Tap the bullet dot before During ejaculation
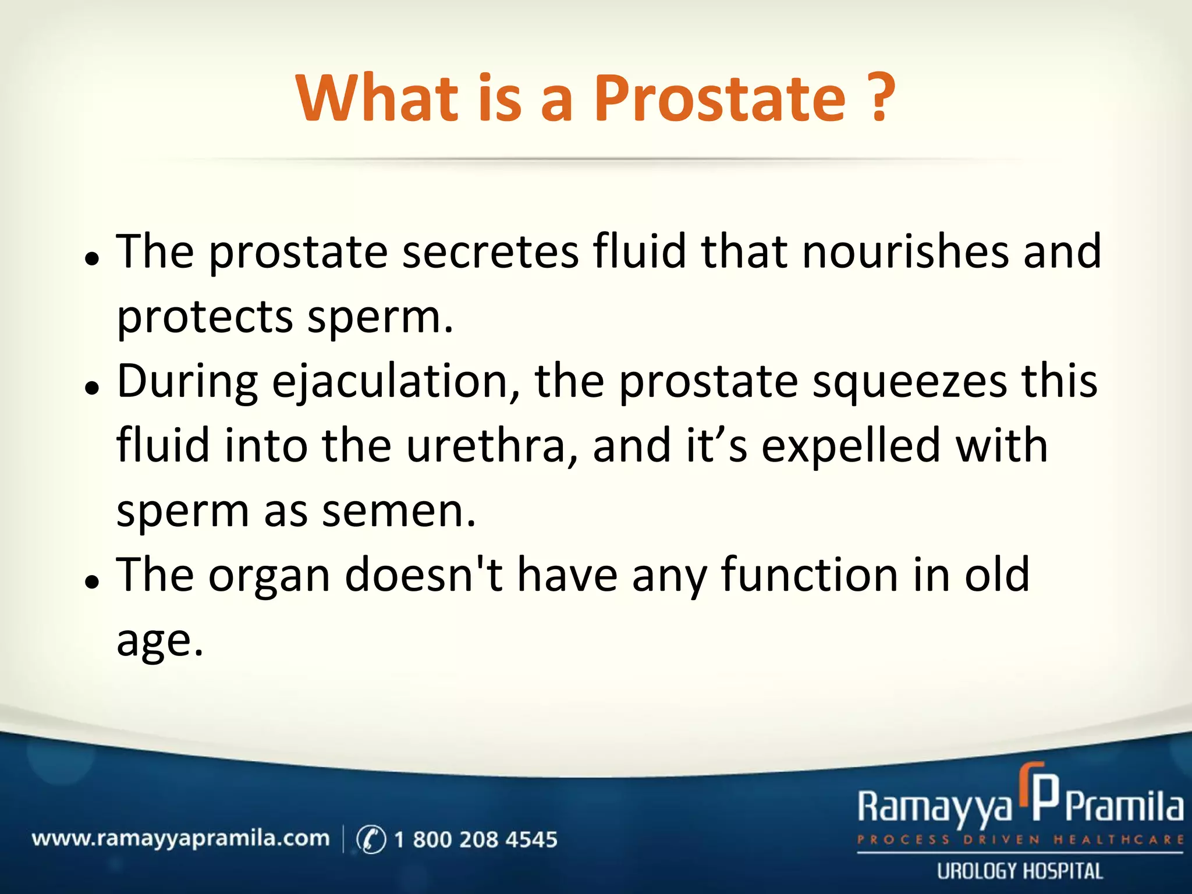point(92,388)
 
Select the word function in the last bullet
point(810,576)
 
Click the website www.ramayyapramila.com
point(180,839)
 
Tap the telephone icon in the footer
point(371,839)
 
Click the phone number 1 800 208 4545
point(476,839)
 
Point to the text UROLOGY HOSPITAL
point(1020,871)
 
